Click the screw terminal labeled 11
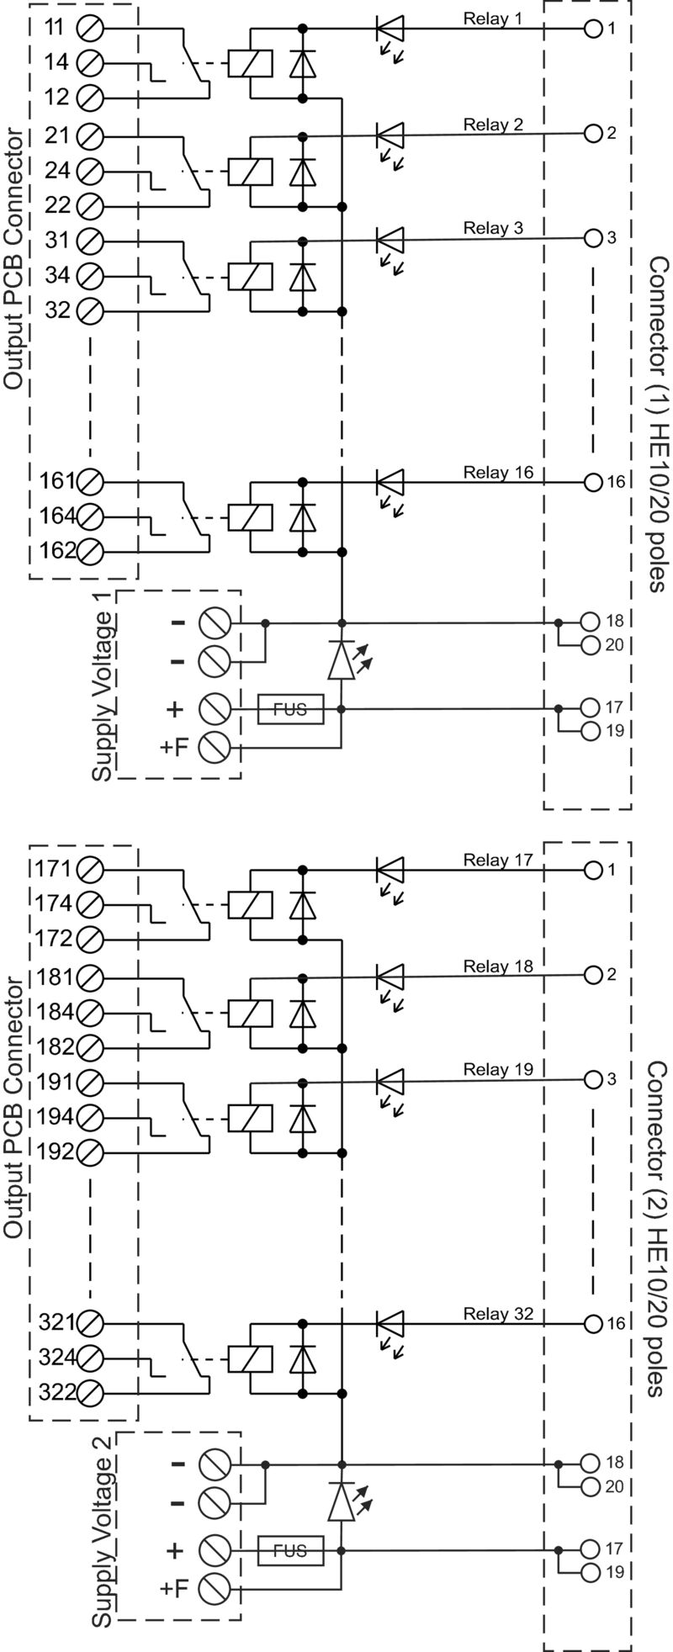point(89,28)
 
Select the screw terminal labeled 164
point(89,516)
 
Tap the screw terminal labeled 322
point(89,1393)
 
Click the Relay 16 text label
point(498,473)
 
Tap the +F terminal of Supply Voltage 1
point(214,745)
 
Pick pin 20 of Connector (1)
point(591,645)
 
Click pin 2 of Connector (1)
point(592,133)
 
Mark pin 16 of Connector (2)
point(592,1323)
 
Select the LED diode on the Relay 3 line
point(389,239)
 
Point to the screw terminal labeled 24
point(89,171)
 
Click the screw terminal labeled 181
point(89,978)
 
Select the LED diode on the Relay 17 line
point(389,869)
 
